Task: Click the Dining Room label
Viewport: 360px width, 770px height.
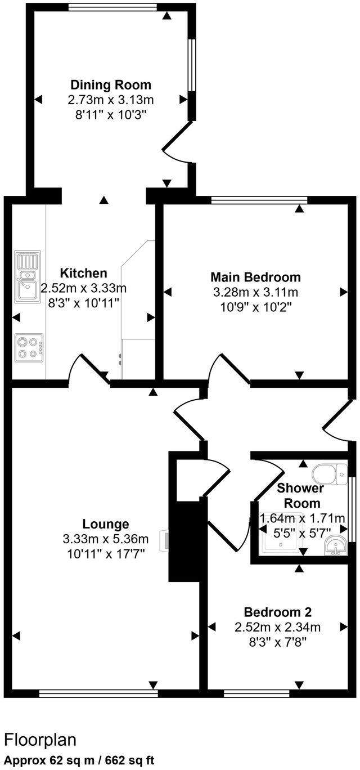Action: coord(111,85)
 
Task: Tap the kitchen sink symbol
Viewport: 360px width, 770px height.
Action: coord(26,279)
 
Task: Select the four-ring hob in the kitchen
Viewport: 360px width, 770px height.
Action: coord(29,346)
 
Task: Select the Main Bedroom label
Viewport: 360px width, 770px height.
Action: coord(255,277)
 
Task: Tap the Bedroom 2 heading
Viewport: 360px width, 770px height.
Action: coord(277,612)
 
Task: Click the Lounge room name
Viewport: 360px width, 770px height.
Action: coord(106,524)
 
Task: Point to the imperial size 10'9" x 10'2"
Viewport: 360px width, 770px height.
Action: coord(255,307)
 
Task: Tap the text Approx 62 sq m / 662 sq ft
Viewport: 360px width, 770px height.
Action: coord(79,759)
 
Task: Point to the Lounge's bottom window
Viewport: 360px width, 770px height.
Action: coord(98,693)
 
